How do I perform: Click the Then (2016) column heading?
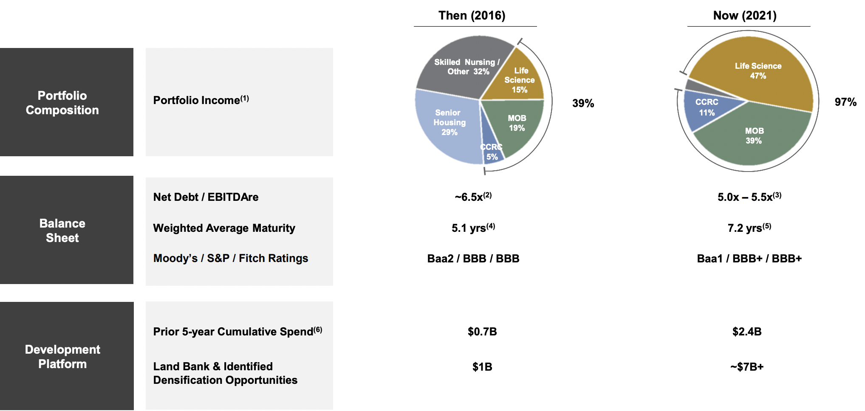pyautogui.click(x=472, y=16)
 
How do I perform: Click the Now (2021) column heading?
pyautogui.click(x=745, y=16)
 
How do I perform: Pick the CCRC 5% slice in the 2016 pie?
pyautogui.click(x=492, y=153)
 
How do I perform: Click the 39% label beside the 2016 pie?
pyautogui.click(x=583, y=103)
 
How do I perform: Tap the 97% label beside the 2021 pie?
pyautogui.click(x=845, y=102)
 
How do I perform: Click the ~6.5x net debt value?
pyautogui.click(x=473, y=197)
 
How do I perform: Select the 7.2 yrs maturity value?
pyautogui.click(x=749, y=228)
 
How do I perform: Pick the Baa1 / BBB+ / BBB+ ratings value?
pyautogui.click(x=749, y=259)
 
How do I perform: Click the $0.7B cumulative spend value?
pyautogui.click(x=482, y=332)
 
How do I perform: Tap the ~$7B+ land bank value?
pyautogui.click(x=747, y=367)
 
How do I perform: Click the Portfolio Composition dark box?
pyautogui.click(x=66, y=102)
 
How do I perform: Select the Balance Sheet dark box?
pyautogui.click(x=66, y=230)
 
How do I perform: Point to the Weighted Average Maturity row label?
pyautogui.click(x=224, y=228)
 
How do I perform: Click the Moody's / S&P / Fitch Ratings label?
pyautogui.click(x=230, y=258)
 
